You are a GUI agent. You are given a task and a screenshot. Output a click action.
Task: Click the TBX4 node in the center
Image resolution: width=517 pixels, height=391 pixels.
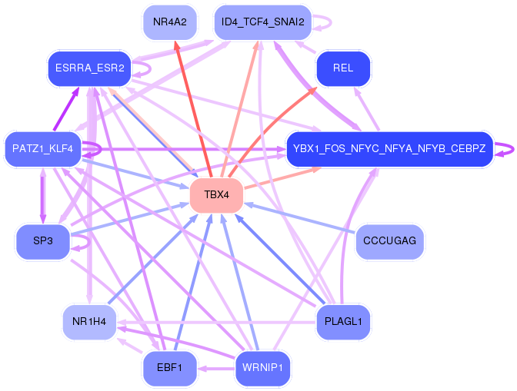pyautogui.click(x=217, y=195)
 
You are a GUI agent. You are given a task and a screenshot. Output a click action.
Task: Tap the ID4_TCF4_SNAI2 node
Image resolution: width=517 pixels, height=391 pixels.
pyautogui.click(x=262, y=22)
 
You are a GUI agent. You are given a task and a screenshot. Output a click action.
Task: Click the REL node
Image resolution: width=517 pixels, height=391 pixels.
pyautogui.click(x=343, y=69)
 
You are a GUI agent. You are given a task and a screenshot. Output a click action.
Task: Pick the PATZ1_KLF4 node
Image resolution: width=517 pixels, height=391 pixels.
pyautogui.click(x=42, y=148)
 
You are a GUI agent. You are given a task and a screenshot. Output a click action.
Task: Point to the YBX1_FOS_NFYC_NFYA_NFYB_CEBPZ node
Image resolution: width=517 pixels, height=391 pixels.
pyautogui.click(x=389, y=148)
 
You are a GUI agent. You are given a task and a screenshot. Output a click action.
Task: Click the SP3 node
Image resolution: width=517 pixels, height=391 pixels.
pyautogui.click(x=42, y=242)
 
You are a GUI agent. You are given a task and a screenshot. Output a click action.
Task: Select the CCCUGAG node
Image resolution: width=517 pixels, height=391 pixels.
pyautogui.click(x=389, y=242)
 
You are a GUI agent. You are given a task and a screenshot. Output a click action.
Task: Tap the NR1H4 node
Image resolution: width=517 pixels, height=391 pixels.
pyautogui.click(x=89, y=322)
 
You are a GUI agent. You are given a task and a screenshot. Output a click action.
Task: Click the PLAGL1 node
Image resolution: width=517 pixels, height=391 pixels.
pyautogui.click(x=343, y=322)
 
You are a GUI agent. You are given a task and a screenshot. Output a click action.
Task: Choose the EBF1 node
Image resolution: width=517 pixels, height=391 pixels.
pyautogui.click(x=169, y=369)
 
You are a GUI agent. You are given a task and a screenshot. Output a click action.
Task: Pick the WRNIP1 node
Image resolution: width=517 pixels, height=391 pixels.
pyautogui.click(x=262, y=369)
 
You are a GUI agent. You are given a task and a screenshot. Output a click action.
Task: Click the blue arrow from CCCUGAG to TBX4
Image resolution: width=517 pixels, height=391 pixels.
pyautogui.click(x=300, y=220)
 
